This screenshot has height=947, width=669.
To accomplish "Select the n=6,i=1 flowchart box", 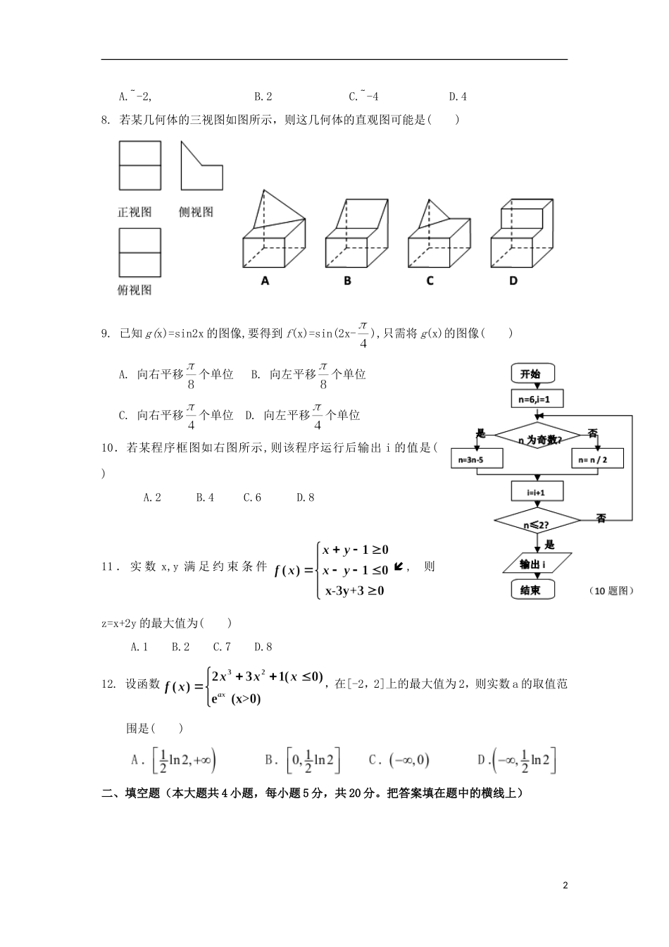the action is [537, 400].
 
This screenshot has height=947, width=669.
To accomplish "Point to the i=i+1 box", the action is [537, 492].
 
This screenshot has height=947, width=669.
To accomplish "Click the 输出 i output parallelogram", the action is [537, 564].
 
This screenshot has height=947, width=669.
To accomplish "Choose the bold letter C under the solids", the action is [430, 280].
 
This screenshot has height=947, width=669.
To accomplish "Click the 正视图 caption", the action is [135, 211].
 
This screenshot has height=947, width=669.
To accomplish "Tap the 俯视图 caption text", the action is [135, 290].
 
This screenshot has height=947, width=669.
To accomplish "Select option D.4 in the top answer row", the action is [458, 97].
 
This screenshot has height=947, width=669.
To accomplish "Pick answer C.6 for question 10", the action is [252, 497].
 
